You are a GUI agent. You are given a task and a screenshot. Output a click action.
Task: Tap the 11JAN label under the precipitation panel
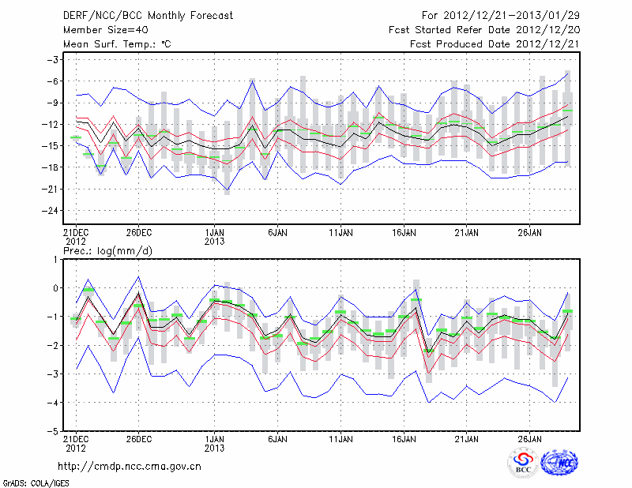pos(340,438)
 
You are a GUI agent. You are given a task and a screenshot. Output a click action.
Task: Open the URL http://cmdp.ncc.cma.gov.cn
pos(130,466)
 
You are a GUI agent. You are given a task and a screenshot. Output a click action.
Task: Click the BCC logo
pos(522,462)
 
